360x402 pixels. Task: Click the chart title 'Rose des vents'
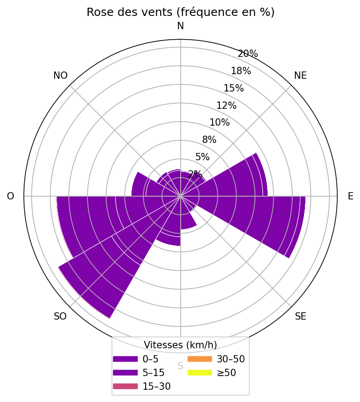[x=180, y=12]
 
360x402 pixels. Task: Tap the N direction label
[x=180, y=26]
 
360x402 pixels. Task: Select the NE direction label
[x=300, y=76]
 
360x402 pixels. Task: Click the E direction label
[x=350, y=196]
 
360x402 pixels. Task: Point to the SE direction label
[x=300, y=316]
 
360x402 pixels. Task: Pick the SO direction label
[x=60, y=316]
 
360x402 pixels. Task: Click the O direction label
[x=10, y=196]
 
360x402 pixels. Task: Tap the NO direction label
[x=61, y=76]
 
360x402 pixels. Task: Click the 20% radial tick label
[x=248, y=54]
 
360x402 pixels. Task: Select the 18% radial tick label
[x=241, y=71]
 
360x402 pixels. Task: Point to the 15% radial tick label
[x=233, y=88]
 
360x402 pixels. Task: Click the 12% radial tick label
[x=226, y=106]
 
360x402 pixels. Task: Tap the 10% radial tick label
[x=219, y=122]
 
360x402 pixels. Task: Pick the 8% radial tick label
[x=209, y=140]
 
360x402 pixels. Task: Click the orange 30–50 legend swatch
[x=199, y=359]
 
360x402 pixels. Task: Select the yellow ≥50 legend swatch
[x=199, y=373]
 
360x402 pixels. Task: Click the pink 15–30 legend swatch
[x=125, y=387]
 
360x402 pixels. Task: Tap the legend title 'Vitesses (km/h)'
[x=180, y=345]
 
